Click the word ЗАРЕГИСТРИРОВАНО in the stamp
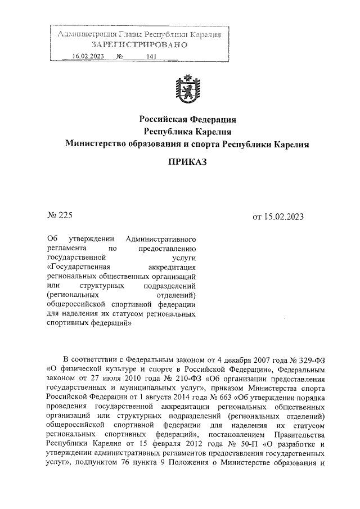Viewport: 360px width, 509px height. (138, 45)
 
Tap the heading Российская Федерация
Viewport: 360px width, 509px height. (187, 119)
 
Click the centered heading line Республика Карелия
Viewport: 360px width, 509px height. (187, 132)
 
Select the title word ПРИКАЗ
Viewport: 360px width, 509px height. (187, 162)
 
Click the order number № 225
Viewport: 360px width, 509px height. (59, 215)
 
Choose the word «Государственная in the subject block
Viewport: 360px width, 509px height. (79, 267)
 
